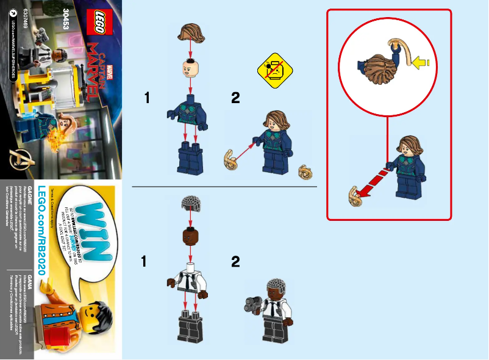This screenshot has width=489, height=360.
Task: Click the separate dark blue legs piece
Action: click(191, 159)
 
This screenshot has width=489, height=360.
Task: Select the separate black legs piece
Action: click(191, 329)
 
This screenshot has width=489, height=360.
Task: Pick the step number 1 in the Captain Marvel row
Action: click(147, 98)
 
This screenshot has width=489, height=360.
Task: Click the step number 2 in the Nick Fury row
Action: click(236, 262)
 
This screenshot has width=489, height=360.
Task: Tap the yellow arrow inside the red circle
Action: click(421, 62)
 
